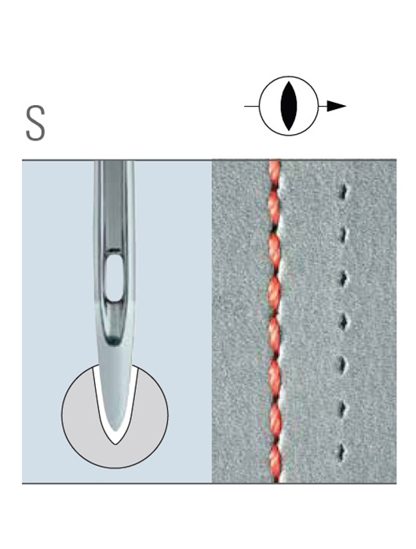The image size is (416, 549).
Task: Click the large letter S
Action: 35,123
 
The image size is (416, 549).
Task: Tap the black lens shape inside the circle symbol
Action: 289,106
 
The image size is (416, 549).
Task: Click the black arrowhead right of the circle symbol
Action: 336,106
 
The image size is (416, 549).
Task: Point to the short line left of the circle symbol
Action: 252,106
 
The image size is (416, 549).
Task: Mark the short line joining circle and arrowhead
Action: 323,106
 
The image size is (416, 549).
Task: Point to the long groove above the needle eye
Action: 113,203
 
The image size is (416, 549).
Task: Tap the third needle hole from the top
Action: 343,278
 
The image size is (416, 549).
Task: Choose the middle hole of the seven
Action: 343,322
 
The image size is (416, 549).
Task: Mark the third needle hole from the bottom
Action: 343,365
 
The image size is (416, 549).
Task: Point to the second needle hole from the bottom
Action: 343,408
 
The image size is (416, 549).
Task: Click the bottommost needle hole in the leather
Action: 343,451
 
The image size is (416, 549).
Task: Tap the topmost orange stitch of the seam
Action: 275,171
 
